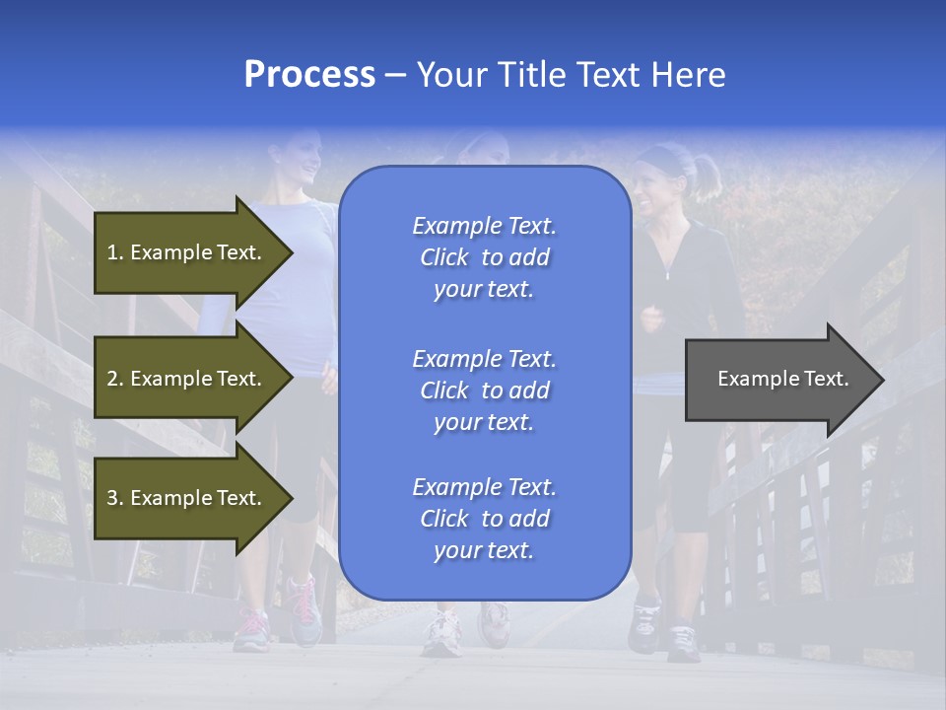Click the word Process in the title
pos(309,75)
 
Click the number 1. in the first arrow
pos(114,252)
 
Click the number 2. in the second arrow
pos(114,379)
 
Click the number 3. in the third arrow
pos(114,498)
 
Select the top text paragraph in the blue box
pos(484,257)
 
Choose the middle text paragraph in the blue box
pos(484,390)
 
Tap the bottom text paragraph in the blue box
pos(484,519)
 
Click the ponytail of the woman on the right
pos(707,175)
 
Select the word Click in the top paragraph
pos(443,257)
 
